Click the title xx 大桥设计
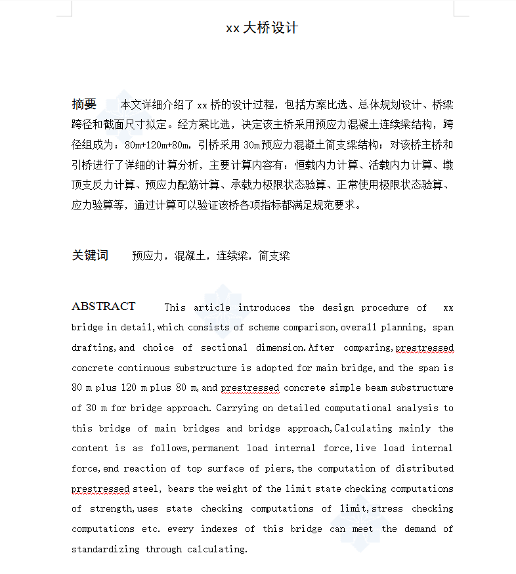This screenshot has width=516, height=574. [262, 28]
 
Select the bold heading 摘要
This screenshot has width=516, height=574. [84, 104]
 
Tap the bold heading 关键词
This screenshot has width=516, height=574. [90, 255]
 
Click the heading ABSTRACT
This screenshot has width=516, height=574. [103, 307]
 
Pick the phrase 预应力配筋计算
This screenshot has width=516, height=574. [177, 185]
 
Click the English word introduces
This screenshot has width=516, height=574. [264, 307]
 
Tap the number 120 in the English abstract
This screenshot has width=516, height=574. [129, 388]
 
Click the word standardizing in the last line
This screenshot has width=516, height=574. [105, 549]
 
